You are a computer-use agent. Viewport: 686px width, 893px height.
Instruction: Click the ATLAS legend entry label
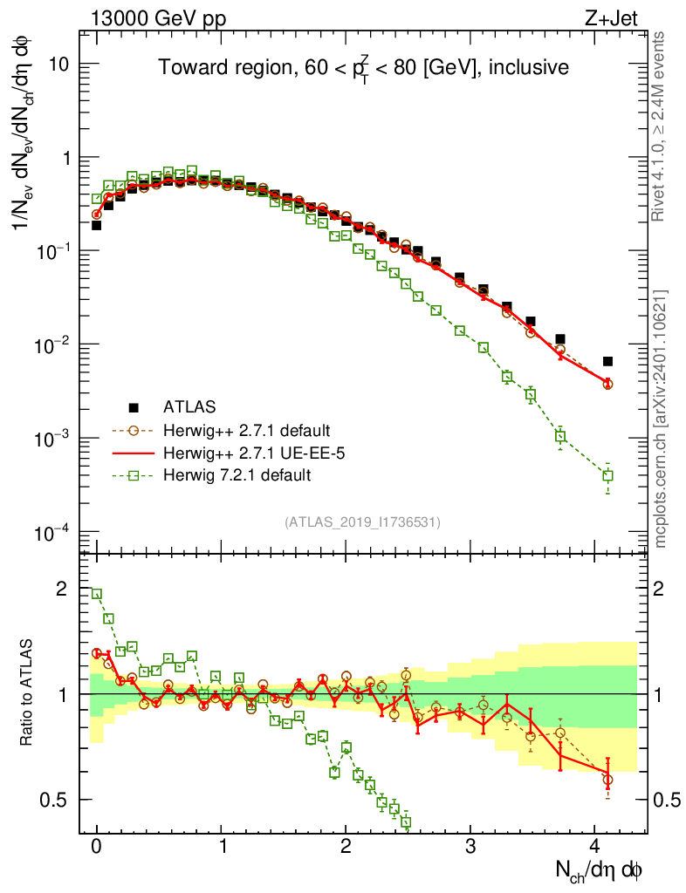point(189,406)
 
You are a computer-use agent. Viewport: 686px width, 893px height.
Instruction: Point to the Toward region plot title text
point(364,68)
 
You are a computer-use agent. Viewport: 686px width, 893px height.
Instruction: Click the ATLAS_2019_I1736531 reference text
point(362,522)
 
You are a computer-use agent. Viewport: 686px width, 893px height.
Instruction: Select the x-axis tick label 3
point(470,848)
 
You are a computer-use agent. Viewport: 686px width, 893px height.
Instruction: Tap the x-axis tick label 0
point(96,848)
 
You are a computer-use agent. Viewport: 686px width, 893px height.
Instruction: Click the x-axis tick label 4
point(595,848)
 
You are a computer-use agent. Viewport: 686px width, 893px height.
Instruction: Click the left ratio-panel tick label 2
point(62,590)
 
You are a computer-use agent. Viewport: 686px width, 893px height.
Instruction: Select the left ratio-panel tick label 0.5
point(54,800)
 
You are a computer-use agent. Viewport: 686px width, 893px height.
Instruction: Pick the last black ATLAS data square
point(607,361)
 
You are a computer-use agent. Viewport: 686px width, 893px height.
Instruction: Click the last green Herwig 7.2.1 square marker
point(607,475)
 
